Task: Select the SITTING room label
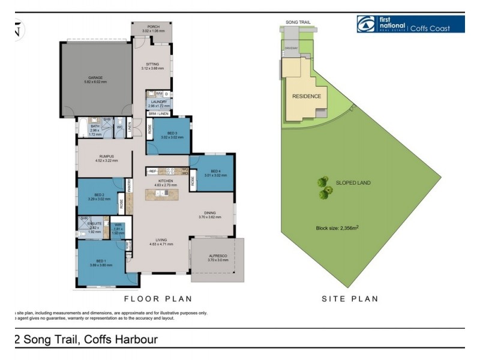(152, 65)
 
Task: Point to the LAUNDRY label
(159, 103)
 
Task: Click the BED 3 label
(172, 133)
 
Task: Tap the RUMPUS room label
(106, 157)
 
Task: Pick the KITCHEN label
(165, 181)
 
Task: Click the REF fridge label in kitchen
(152, 171)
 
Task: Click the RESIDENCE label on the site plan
(306, 96)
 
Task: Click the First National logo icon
(365, 24)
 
